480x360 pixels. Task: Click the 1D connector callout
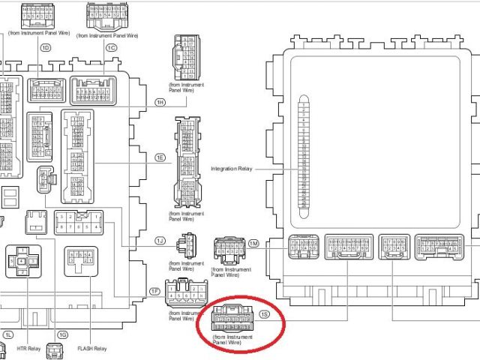(46, 46)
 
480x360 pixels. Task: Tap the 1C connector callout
(112, 46)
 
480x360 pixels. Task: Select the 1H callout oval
(160, 101)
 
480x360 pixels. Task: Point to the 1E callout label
(160, 157)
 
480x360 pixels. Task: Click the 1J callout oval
(160, 240)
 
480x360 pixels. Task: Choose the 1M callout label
(253, 244)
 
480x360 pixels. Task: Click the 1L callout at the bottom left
(8, 334)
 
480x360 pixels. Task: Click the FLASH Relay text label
(92, 349)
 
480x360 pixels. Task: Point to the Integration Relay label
(232, 169)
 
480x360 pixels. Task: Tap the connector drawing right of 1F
(187, 292)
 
